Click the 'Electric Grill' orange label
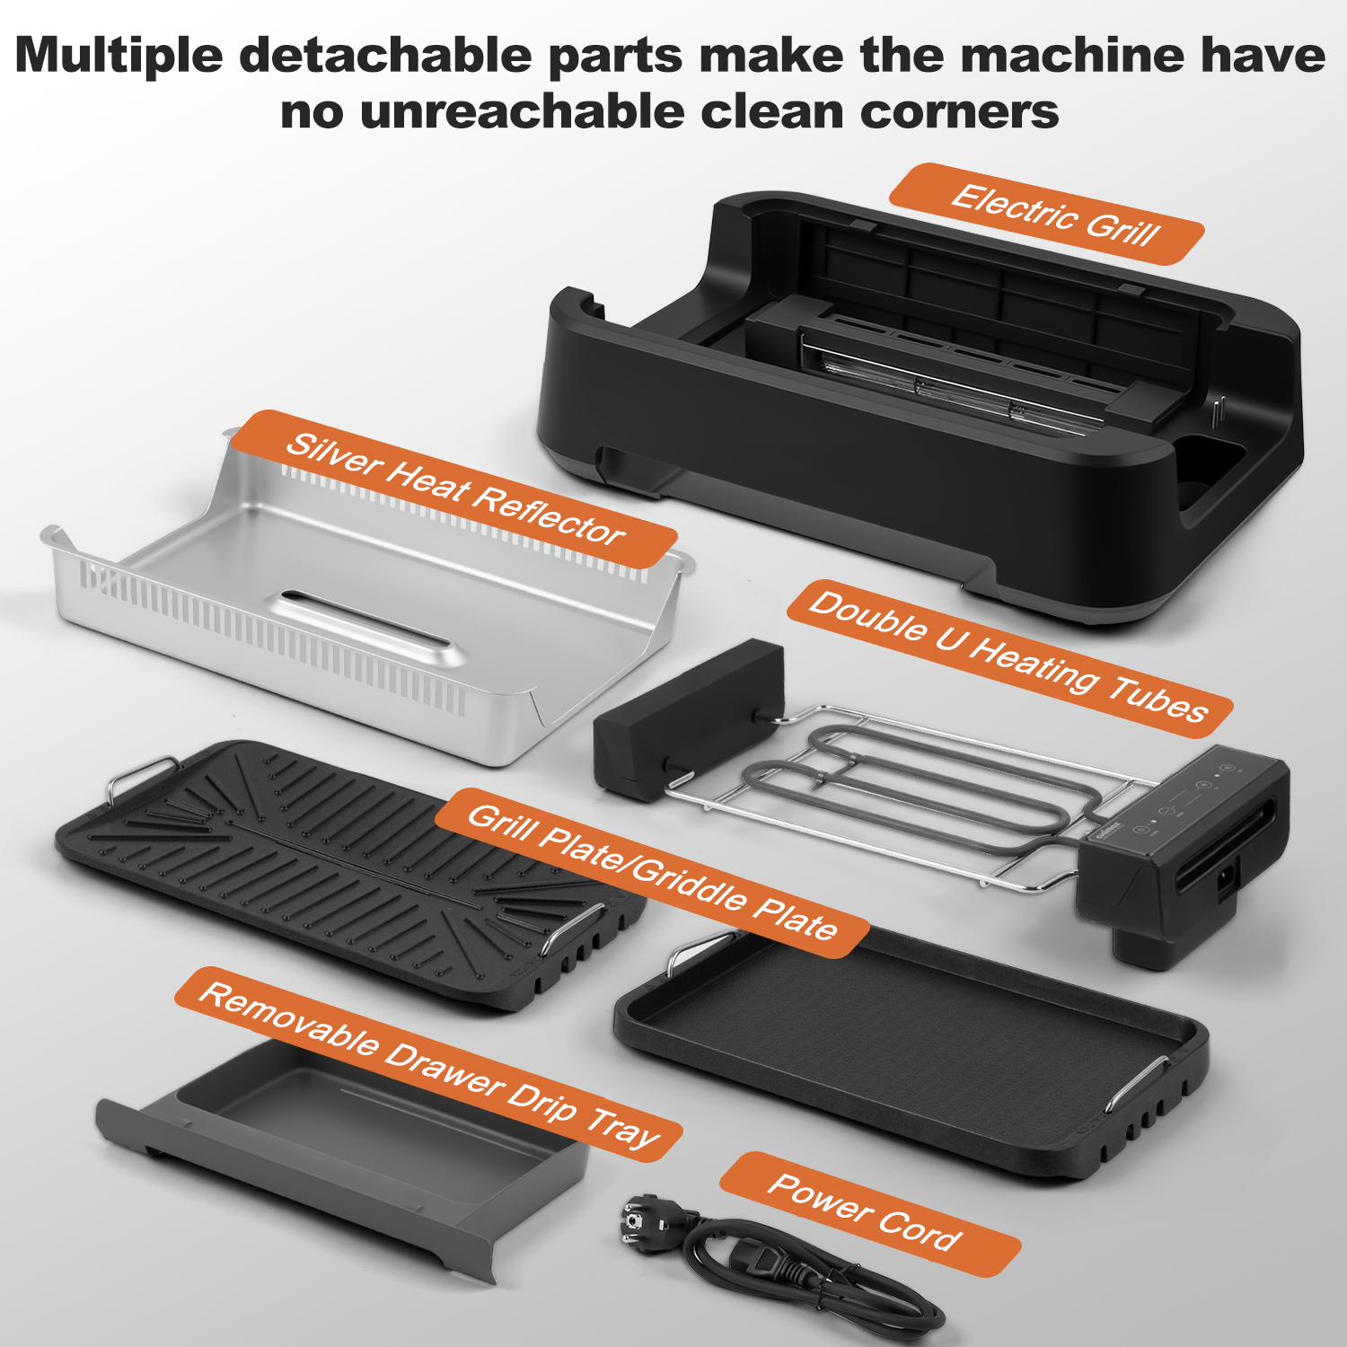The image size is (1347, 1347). (1047, 214)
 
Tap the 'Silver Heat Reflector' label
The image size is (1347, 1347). (454, 489)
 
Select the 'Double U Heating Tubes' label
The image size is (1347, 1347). (1010, 658)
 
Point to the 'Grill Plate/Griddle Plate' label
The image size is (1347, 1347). (652, 873)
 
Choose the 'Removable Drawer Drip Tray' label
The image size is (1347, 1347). (428, 1064)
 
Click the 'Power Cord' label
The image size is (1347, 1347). (870, 1214)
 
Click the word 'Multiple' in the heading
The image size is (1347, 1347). (119, 56)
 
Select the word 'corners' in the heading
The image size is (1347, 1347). (959, 112)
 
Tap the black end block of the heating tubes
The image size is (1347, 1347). (688, 718)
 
